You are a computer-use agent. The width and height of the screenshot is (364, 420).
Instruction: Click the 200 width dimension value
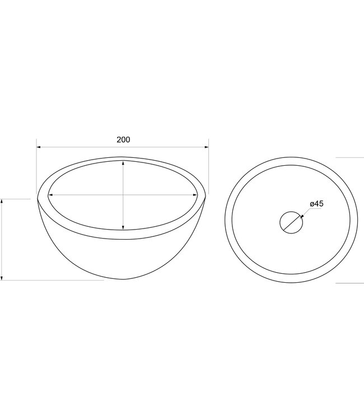coord(123,139)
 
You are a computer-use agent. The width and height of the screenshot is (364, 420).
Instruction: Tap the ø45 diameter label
coord(316,204)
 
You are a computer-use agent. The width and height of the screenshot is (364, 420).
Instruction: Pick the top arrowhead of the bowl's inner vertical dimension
coord(123,163)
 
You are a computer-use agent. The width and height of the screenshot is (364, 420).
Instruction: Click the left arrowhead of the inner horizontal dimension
coord(50,195)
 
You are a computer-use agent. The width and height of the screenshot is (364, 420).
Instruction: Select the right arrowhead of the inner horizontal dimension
coord(196,195)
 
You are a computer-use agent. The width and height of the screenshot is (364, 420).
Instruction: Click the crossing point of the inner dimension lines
coord(123,195)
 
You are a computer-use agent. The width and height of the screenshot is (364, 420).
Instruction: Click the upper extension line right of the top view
coord(349,158)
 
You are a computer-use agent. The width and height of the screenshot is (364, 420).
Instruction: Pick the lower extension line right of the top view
coord(349,283)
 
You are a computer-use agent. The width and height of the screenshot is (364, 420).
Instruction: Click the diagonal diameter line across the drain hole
coord(291,222)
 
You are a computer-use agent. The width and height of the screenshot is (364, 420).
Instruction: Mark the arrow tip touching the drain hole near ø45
coord(301,215)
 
